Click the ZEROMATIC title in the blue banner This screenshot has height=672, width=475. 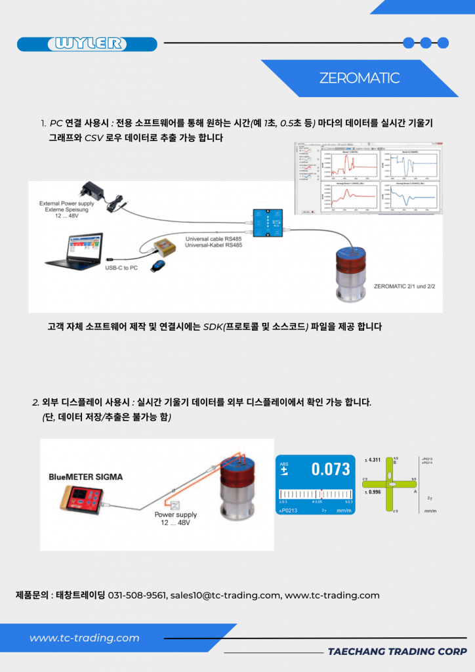(x=359, y=78)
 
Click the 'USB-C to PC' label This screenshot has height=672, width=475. (x=124, y=268)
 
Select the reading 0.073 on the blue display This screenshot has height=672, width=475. (x=330, y=469)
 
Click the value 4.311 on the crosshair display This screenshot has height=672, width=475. (x=374, y=460)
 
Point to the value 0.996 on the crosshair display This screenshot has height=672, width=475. (x=374, y=492)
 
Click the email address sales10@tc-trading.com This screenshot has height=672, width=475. (x=225, y=595)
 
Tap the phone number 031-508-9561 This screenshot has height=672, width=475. (x=137, y=595)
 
